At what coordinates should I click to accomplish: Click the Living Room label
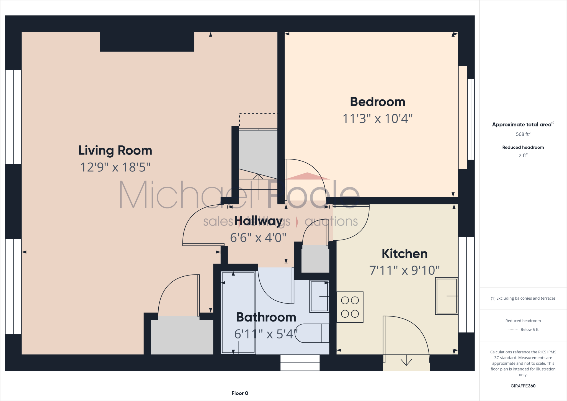(x=115, y=151)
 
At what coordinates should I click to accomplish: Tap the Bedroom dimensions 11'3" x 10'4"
(x=377, y=119)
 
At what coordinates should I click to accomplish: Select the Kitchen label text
(x=404, y=254)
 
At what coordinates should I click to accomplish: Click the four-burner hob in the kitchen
(x=350, y=307)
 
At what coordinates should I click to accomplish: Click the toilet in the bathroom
(x=311, y=333)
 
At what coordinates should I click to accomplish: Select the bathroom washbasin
(x=319, y=296)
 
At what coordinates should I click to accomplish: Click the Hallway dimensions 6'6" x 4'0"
(x=258, y=238)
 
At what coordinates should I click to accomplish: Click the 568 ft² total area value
(x=523, y=134)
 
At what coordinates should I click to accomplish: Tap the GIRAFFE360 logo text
(x=523, y=386)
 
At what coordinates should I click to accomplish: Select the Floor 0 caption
(x=240, y=393)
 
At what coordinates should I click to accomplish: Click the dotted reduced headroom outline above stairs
(x=258, y=114)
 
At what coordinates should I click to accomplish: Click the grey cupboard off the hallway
(x=315, y=259)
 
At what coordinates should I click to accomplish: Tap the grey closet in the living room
(x=182, y=336)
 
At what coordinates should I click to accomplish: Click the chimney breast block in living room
(x=147, y=42)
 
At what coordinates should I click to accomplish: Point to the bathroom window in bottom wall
(x=300, y=363)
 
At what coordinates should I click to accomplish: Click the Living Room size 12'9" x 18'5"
(x=115, y=167)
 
